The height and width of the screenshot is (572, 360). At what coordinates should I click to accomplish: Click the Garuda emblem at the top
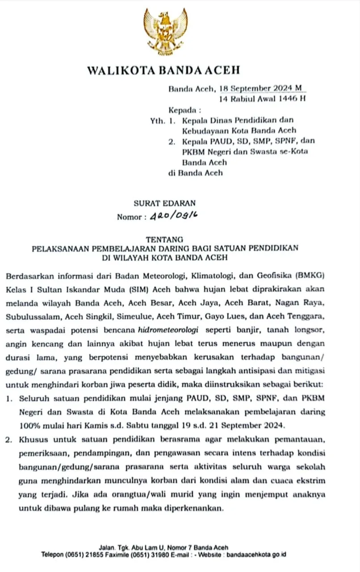coord(166,31)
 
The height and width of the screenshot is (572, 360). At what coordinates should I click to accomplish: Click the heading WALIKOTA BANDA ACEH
coord(163,70)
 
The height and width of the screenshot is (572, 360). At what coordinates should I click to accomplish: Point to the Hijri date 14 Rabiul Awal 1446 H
coord(263,99)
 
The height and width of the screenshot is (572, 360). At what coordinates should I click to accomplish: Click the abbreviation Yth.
coord(157,120)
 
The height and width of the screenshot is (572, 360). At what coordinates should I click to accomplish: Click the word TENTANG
coord(164,240)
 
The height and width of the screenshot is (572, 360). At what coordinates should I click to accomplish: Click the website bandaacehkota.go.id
coord(256,555)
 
